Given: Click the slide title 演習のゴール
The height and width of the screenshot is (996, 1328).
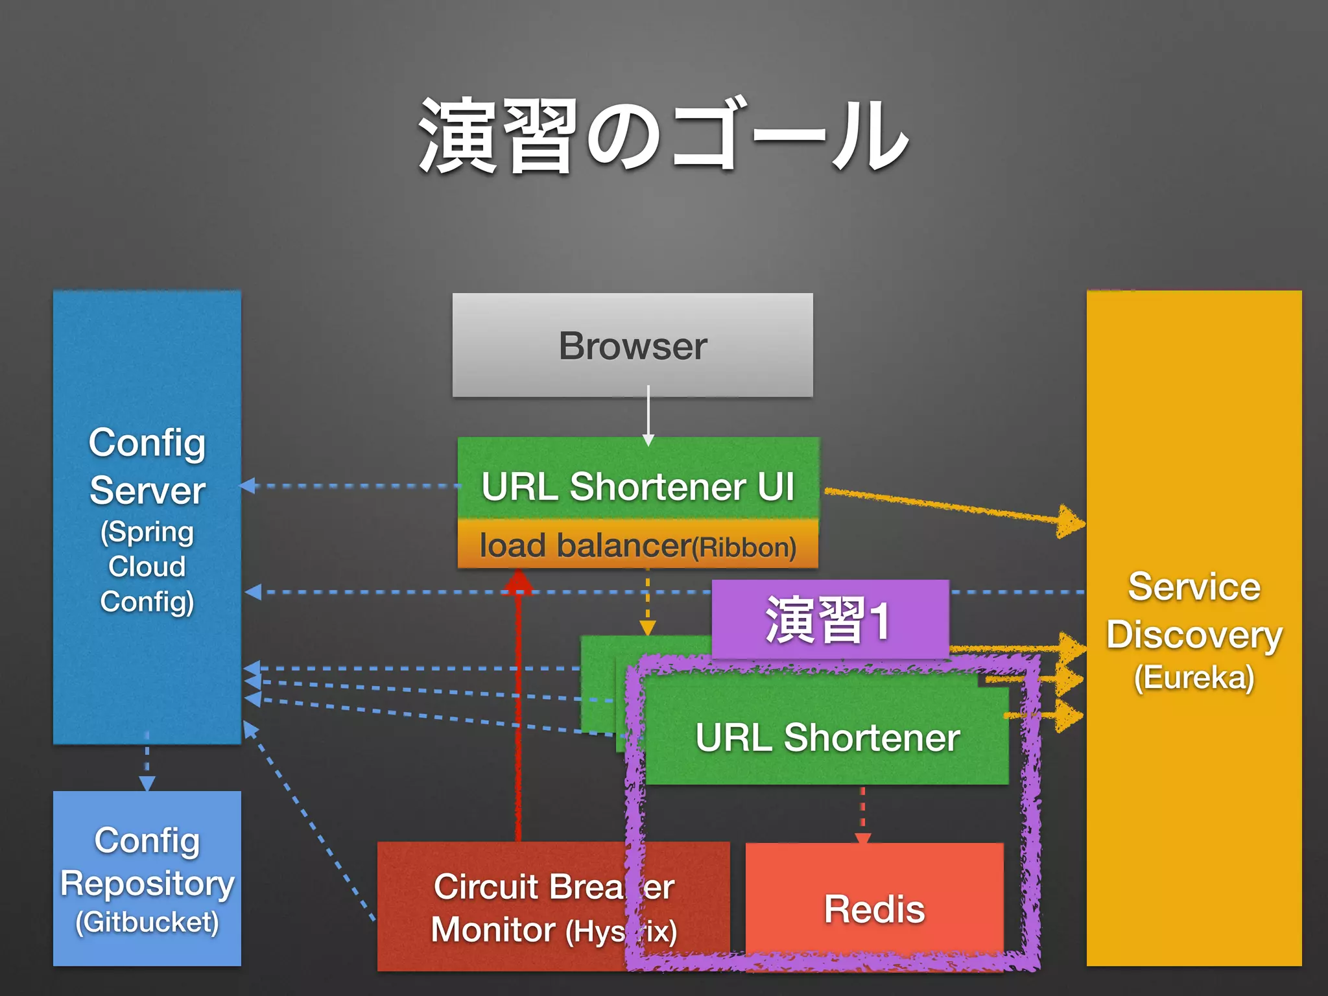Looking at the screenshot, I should point(663,136).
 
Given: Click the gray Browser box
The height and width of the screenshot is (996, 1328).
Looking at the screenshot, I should point(632,344).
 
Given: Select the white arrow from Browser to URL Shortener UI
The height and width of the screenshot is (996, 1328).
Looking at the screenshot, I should point(648,415).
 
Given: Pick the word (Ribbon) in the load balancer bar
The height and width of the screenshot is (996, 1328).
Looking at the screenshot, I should point(744,548).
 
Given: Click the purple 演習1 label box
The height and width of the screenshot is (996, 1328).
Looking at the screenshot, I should point(829,620).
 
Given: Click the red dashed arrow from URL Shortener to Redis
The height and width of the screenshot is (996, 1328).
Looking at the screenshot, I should point(862,814).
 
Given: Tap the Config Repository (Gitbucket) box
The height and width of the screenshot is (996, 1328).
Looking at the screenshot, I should point(147,879).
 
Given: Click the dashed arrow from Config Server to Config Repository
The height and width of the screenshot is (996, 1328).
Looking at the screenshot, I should point(147,765).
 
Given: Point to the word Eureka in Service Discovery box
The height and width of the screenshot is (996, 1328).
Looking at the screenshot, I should point(1194,678).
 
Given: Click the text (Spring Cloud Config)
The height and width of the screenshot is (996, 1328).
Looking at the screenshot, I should point(147,566).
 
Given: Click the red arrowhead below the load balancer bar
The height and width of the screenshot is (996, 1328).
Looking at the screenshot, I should point(518,582).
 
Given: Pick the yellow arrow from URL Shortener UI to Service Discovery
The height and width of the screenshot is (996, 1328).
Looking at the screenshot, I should point(953,506).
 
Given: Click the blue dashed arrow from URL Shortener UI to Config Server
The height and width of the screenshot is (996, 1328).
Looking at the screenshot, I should point(350,486).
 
